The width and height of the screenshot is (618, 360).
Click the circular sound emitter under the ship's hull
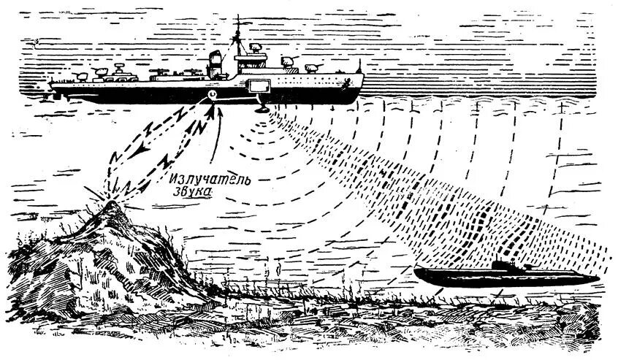pyautogui.click(x=213, y=95)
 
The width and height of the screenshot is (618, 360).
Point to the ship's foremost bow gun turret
pyautogui.click(x=316, y=66)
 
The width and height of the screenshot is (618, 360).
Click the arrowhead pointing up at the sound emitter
pyautogui.click(x=212, y=112)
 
